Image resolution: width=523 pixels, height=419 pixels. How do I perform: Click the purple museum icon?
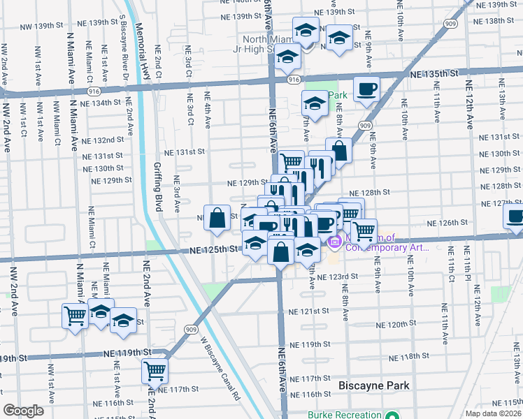coord(334,242)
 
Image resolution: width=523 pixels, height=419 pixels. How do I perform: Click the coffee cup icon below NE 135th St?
coord(366,89)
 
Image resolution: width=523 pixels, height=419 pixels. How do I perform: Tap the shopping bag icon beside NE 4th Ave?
coord(217,217)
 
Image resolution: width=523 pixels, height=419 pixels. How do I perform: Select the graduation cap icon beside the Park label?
coord(315,105)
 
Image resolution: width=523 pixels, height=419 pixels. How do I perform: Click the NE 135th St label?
coord(434,73)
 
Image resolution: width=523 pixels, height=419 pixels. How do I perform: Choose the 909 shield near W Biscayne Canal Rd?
coord(190,328)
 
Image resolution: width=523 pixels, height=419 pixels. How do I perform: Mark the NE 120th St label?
coord(396,325)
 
